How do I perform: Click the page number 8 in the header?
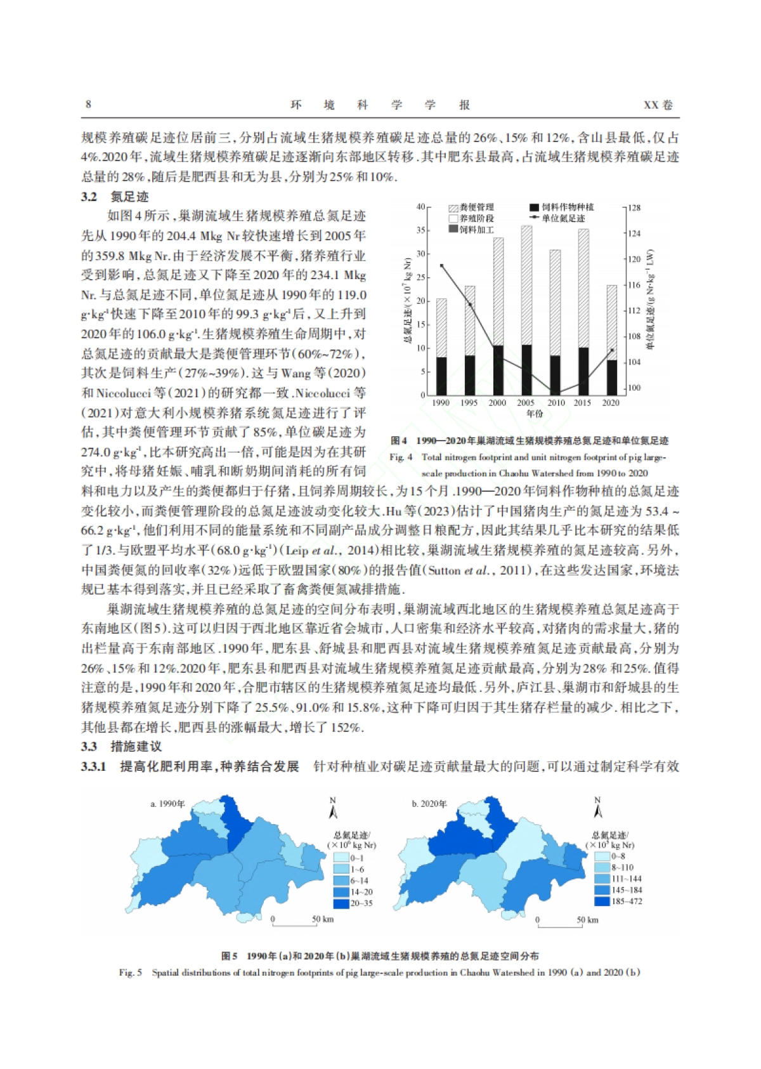click(x=88, y=104)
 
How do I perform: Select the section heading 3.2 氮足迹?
click(x=114, y=197)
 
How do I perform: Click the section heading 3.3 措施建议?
click(x=120, y=746)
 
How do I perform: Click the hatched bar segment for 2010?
click(x=556, y=303)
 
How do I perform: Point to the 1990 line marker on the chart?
click(x=441, y=266)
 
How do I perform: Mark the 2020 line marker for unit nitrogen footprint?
click(x=611, y=350)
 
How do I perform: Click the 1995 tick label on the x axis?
click(x=469, y=403)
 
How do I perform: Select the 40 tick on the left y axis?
click(x=421, y=207)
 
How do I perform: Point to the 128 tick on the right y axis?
click(x=634, y=207)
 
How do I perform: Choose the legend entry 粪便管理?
click(x=472, y=207)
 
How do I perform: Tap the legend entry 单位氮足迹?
click(x=558, y=218)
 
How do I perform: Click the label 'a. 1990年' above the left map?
click(x=167, y=804)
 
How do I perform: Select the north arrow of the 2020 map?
click(x=597, y=809)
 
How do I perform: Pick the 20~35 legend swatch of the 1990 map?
click(x=342, y=903)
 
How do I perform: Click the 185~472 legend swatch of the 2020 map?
click(x=602, y=901)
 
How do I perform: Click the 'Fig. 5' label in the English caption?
click(x=130, y=972)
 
